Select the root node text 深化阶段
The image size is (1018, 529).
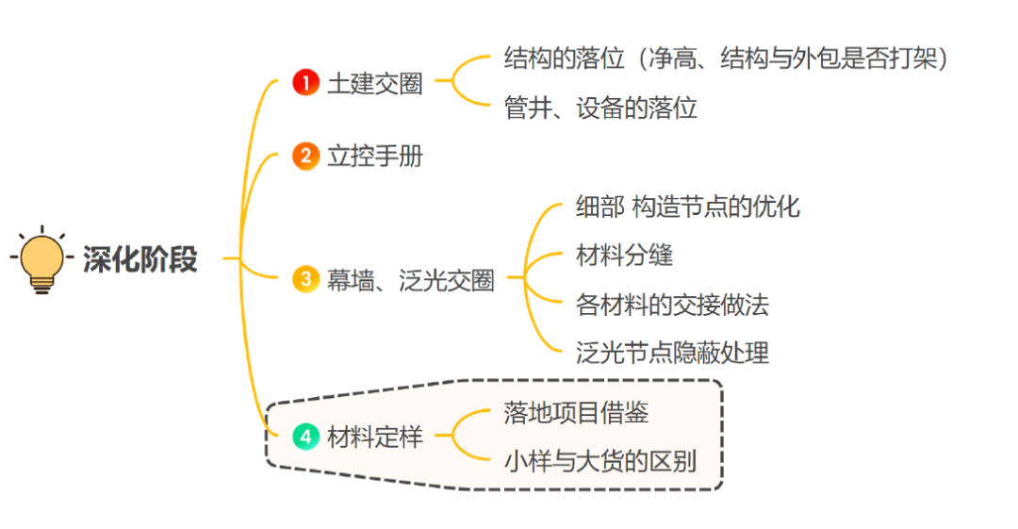pos(140,259)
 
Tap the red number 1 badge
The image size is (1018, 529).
pos(305,83)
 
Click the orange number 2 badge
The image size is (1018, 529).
pos(305,156)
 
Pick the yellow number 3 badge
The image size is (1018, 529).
pos(305,280)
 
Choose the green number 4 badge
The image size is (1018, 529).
pos(305,437)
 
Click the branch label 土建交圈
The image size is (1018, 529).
pos(374,84)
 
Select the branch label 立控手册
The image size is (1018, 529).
pos(374,156)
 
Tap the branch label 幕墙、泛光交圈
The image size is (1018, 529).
pos(410,281)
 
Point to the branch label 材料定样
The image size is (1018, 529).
pos(374,438)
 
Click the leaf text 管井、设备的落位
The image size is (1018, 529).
pos(600,107)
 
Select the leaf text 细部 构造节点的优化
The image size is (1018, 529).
pos(687,207)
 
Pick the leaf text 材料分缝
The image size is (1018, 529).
pos(624,255)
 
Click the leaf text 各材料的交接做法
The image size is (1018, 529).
pos(672,305)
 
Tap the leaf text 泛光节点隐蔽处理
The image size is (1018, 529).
pos(672,354)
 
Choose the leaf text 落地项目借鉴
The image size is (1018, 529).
pos(576,413)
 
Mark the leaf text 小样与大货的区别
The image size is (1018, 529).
pos(600,462)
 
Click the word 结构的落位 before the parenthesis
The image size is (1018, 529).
pos(564,58)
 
